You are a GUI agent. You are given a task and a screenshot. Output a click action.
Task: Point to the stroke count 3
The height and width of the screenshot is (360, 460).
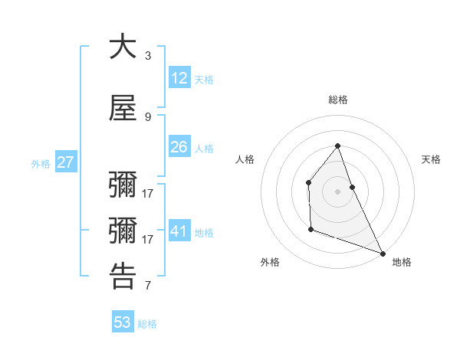coord(148,56)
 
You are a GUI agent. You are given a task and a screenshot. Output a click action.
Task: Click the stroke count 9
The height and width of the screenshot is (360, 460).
coord(148,117)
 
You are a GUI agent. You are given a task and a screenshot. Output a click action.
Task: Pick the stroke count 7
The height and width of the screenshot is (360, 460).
coord(148,286)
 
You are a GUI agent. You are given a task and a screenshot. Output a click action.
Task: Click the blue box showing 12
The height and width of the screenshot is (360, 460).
coord(179,78)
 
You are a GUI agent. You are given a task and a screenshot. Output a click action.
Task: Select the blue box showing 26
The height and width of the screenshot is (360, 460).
coord(179,147)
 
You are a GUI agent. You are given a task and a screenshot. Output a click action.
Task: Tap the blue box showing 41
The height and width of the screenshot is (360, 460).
coord(179,231)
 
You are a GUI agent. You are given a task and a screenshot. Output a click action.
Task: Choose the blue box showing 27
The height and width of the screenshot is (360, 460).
coord(65,162)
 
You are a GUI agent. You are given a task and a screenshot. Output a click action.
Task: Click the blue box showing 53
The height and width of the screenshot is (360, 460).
coord(123,322)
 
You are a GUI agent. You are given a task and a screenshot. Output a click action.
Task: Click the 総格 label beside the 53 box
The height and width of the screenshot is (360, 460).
coord(147,324)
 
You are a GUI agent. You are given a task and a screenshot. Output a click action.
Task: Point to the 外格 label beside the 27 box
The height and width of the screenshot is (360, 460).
coord(41,164)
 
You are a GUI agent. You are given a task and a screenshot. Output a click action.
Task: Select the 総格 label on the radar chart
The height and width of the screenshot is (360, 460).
coord(337,100)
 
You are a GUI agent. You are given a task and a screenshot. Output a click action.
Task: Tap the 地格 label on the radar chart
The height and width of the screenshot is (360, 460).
coord(402,262)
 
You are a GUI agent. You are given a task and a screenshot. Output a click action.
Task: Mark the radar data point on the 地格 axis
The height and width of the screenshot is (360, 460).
coord(382,252)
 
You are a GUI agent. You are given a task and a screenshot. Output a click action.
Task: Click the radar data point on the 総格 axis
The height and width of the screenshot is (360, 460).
coord(337,146)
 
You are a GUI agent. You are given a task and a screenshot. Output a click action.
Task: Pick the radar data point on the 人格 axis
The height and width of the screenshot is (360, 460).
coord(308,182)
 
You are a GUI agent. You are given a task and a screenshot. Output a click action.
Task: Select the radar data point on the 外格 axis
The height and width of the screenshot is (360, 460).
coord(310,229)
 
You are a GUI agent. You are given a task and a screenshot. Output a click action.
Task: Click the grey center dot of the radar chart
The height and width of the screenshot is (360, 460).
coord(337,191)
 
